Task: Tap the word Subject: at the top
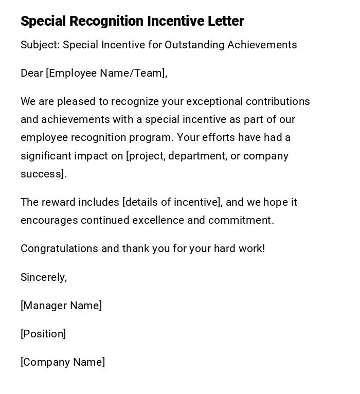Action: pyautogui.click(x=40, y=45)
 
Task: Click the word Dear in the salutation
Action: pyautogui.click(x=32, y=73)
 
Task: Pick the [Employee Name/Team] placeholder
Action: pyautogui.click(x=106, y=74)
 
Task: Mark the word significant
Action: pyautogui.click(x=45, y=156)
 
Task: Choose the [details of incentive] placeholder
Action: pyautogui.click(x=172, y=202)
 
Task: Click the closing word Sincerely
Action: pyautogui.click(x=43, y=277)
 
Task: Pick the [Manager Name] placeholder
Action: pyautogui.click(x=61, y=306)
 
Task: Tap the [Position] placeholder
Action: pyautogui.click(x=43, y=334)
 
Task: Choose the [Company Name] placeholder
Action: pyautogui.click(x=63, y=362)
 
